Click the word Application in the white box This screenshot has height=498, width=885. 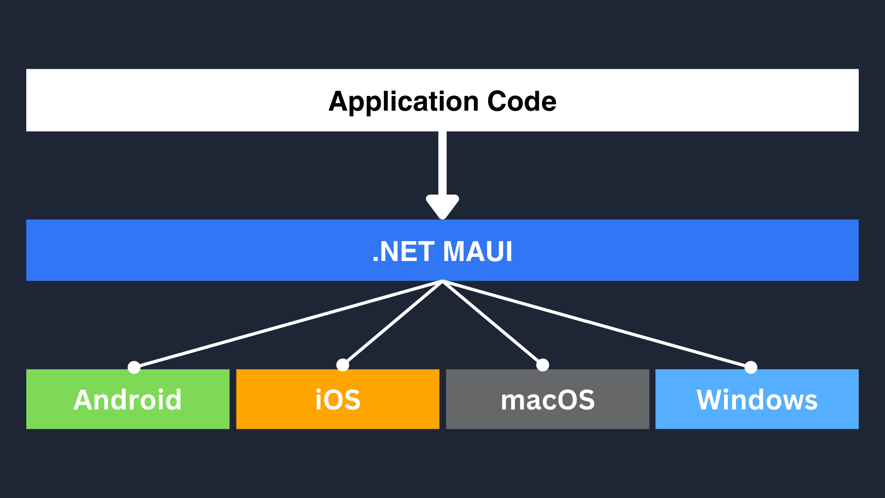404,102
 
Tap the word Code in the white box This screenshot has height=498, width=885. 522,101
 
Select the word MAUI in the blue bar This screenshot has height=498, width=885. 478,252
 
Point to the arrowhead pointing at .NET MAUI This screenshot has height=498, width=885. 442,207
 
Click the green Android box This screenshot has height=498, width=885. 128,399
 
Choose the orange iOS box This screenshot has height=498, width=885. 338,399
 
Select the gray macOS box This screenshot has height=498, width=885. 548,399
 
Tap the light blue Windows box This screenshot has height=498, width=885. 757,399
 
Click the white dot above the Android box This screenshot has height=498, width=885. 134,367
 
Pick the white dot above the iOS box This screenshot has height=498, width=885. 342,365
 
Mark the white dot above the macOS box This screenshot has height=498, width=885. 543,365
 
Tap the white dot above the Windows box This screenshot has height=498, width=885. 751,367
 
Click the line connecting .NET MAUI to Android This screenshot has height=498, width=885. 288,324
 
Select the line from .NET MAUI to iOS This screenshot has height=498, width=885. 392,323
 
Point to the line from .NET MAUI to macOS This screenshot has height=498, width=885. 493,323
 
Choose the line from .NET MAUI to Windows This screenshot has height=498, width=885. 597,324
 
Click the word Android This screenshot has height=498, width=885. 128,399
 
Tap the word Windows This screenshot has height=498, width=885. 757,399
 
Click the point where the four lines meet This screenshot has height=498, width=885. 442,281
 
